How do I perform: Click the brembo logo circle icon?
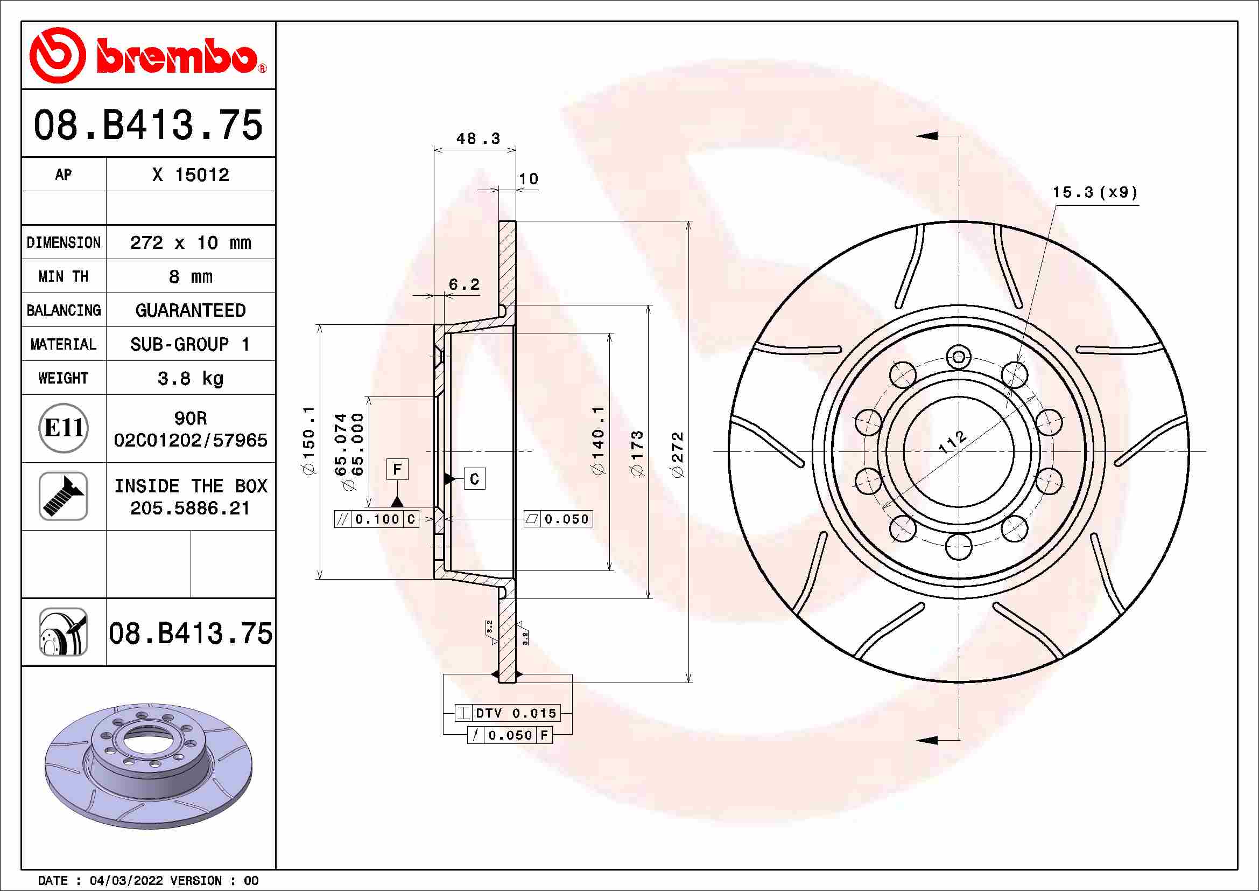(x=58, y=55)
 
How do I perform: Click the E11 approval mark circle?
(x=64, y=428)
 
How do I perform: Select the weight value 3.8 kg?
(x=190, y=378)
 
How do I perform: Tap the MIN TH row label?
(x=64, y=276)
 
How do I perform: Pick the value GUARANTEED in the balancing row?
(x=190, y=310)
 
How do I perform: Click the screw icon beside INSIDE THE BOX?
(x=64, y=496)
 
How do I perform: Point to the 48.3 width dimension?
(x=477, y=138)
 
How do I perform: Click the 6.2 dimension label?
(x=464, y=284)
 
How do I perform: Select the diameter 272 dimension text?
(x=678, y=454)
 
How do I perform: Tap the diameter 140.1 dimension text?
(x=597, y=440)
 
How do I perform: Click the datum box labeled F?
(x=397, y=469)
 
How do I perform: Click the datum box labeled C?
(x=474, y=479)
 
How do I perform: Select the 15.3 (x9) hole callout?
(x=1094, y=192)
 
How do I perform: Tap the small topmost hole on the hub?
(x=959, y=357)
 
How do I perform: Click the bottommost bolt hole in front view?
(x=959, y=546)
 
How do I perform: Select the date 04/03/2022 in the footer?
(x=126, y=881)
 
